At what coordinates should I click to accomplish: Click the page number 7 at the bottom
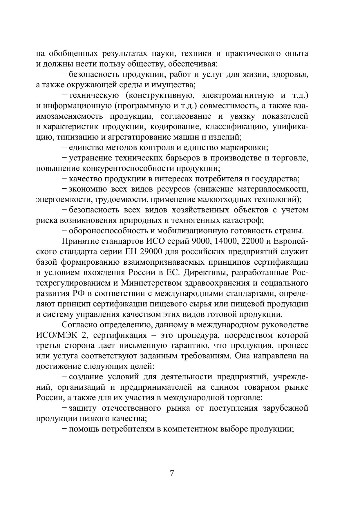click(172, 473)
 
